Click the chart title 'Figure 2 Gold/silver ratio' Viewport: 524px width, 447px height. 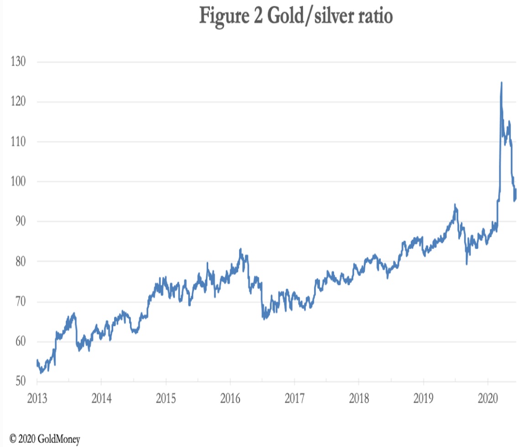[x=296, y=17]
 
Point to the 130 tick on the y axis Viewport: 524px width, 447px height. [x=19, y=62]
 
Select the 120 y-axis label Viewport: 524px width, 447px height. [x=19, y=102]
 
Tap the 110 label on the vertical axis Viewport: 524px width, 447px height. [x=19, y=142]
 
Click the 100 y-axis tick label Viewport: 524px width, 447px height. [x=19, y=182]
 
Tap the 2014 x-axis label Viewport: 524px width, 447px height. [x=101, y=398]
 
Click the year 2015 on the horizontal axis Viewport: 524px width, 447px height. [x=166, y=398]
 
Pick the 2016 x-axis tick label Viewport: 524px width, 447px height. [x=230, y=398]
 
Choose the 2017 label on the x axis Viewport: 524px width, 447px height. [x=294, y=398]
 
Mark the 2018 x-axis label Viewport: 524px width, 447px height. [x=359, y=398]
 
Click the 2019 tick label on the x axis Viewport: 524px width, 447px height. [x=423, y=398]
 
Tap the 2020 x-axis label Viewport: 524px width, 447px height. [x=487, y=398]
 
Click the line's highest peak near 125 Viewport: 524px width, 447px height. [x=502, y=83]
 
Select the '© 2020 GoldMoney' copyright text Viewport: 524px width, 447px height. [x=45, y=439]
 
